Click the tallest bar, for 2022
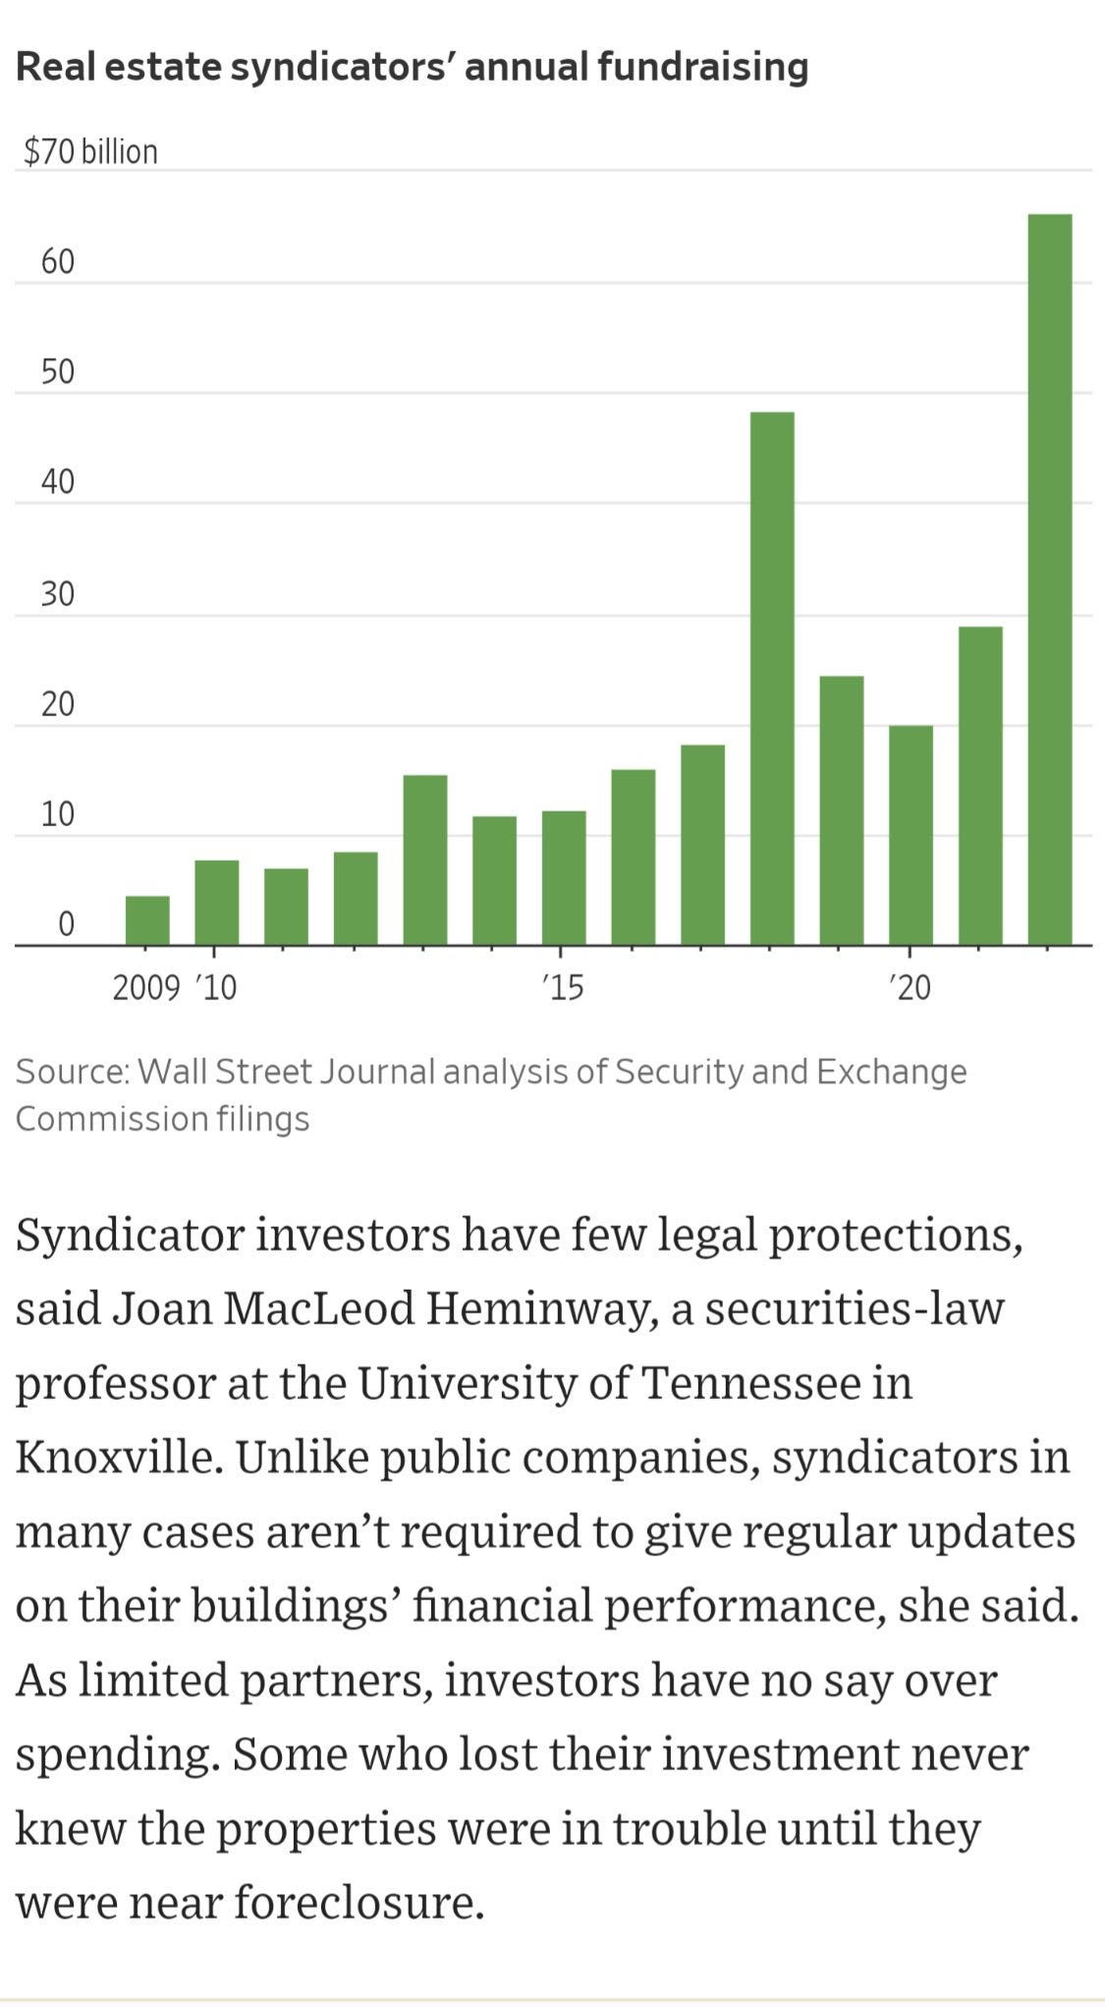1049,580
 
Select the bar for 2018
771,678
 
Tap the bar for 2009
147,920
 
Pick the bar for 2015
564,878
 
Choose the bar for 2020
911,835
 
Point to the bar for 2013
425,860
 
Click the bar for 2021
980,786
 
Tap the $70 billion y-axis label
90,151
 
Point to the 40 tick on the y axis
57,481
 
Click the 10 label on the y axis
57,814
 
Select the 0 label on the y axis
66,923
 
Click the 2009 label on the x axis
145,987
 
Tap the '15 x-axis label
562,987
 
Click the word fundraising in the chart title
702,67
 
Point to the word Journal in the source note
378,1071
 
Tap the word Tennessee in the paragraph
751,1382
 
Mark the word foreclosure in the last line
359,1903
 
